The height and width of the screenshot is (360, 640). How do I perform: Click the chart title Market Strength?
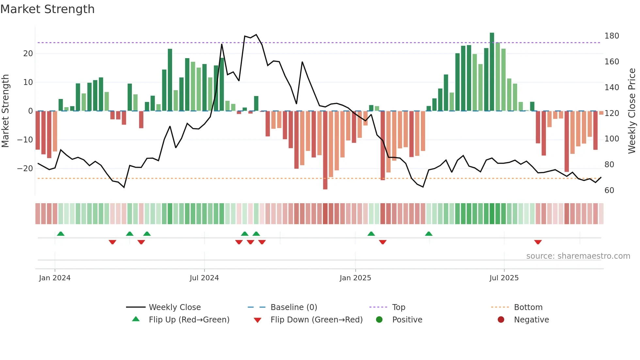pyautogui.click(x=48, y=9)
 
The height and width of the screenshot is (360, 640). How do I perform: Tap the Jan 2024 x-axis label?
pyautogui.click(x=55, y=278)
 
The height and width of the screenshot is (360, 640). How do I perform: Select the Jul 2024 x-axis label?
pyautogui.click(x=204, y=278)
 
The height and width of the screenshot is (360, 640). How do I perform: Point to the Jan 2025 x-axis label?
pyautogui.click(x=355, y=278)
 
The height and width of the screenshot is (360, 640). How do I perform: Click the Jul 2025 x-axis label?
pyautogui.click(x=504, y=278)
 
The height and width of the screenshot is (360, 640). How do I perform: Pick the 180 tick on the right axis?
pyautogui.click(x=612, y=36)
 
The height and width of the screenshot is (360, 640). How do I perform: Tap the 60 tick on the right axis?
pyautogui.click(x=609, y=190)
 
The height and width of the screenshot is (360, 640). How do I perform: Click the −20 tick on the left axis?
pyautogui.click(x=25, y=169)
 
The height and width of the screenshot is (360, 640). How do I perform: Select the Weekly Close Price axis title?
pyautogui.click(x=632, y=111)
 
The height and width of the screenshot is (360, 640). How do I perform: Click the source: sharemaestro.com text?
pyautogui.click(x=578, y=256)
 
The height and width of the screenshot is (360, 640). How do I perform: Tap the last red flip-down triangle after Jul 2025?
pyautogui.click(x=538, y=242)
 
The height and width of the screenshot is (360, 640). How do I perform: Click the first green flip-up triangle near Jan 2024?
pyautogui.click(x=61, y=234)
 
